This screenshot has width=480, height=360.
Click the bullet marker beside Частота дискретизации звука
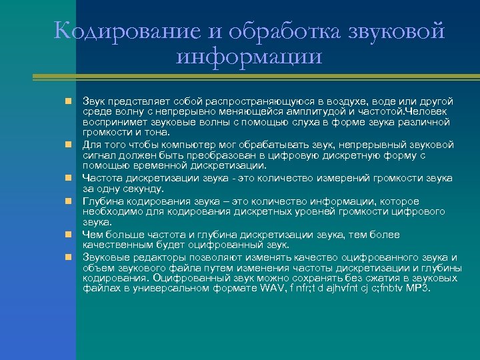point(68,179)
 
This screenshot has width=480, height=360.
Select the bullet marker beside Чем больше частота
point(68,235)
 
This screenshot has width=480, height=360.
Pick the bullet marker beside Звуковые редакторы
point(68,257)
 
